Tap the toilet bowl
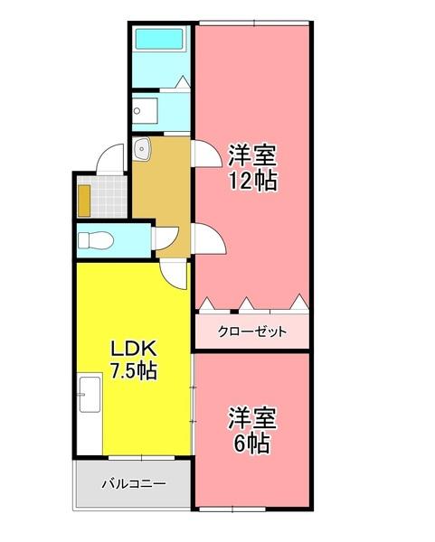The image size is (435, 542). coord(95,241)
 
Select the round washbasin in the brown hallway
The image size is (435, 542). coord(141,149)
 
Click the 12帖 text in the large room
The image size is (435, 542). coord(252,181)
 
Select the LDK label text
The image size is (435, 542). coord(134,349)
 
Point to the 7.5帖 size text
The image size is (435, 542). coord(134,370)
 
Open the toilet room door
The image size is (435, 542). coord(164,238)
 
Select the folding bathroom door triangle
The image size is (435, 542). coord(183,82)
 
